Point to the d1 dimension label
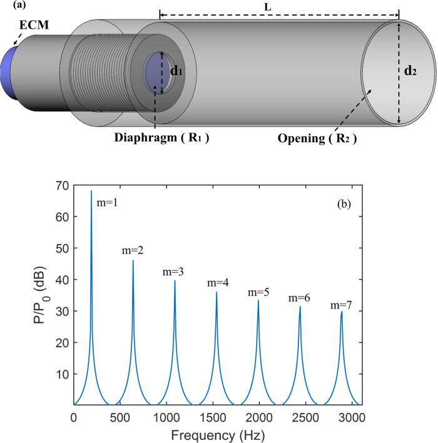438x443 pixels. point(177,71)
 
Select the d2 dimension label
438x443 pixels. point(411,71)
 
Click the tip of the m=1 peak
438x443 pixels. point(91,191)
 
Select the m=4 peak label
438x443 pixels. point(218,284)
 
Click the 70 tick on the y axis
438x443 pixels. point(63,185)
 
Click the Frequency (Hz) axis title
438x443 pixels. point(216,434)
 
